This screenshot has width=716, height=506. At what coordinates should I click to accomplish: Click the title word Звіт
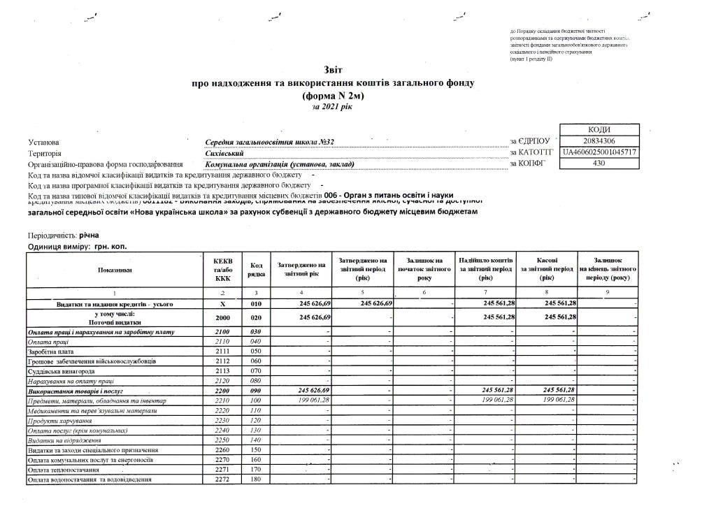334,70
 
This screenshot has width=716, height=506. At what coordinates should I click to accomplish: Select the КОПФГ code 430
599,164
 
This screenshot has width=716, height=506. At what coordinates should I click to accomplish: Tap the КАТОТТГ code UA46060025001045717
599,152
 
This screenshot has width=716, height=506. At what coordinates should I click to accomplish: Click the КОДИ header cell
599,130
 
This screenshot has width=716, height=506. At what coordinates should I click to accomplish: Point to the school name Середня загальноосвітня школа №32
270,143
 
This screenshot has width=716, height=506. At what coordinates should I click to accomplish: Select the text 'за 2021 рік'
334,108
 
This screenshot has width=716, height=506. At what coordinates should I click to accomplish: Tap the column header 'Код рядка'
256,270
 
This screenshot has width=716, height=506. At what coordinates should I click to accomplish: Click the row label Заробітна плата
50,351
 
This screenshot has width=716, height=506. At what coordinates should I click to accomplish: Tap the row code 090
255,390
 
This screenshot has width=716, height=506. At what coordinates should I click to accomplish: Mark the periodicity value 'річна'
89,236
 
